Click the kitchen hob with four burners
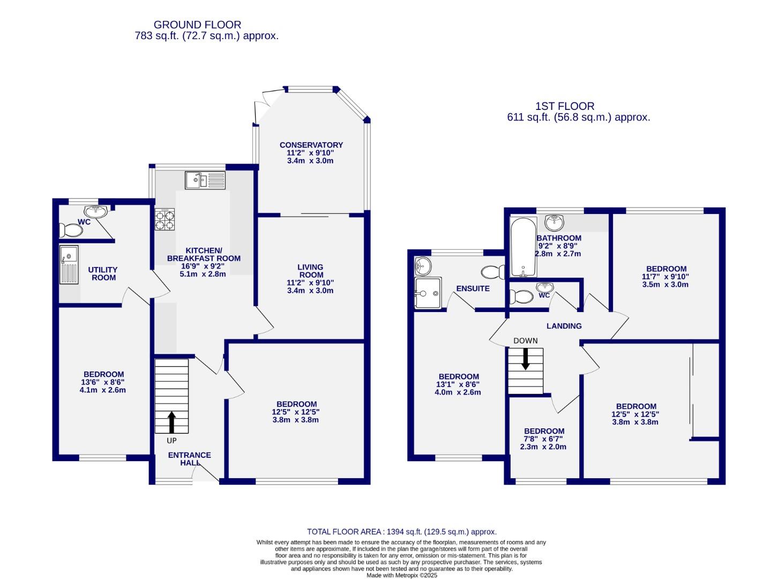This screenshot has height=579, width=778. (165, 219)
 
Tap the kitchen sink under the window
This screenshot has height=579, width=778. (206, 180)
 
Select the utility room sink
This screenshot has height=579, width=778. (69, 264)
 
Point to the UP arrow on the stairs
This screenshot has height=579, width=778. (171, 421)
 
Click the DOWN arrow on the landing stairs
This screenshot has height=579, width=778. (526, 359)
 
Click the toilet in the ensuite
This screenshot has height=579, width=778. (493, 272)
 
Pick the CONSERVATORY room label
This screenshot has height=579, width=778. (311, 145)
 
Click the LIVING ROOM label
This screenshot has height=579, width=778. (311, 271)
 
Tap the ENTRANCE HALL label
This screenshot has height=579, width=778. (190, 459)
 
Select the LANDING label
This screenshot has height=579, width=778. (564, 326)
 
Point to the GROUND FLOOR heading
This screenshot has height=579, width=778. (197, 25)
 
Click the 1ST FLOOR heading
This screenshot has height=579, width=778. (565, 106)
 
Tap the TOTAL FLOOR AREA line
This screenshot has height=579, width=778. (401, 532)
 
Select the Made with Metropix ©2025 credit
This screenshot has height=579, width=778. (401, 575)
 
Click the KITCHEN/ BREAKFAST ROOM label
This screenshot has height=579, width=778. (204, 255)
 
